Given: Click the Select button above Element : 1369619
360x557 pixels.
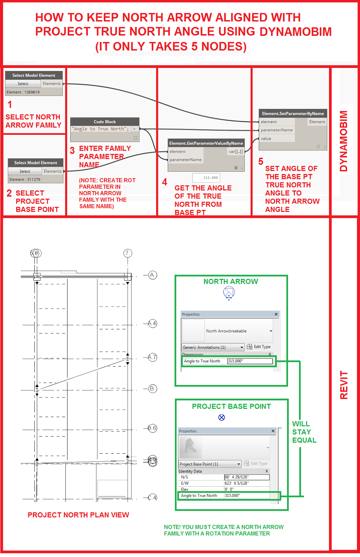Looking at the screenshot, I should [23, 84].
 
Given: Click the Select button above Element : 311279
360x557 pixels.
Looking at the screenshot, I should [25, 171].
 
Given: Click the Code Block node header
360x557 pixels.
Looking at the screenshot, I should [105, 121].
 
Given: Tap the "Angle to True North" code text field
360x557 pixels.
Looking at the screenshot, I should [101, 129].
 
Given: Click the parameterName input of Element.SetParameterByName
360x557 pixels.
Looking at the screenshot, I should [277, 130].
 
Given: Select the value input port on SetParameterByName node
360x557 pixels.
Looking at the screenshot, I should [266, 138].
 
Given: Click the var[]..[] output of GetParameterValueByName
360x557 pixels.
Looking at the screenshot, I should [236, 151].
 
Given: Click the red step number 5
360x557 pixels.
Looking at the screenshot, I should [261, 162].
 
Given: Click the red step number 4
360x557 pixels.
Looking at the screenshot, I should [165, 182].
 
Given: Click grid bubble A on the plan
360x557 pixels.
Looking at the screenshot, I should [152, 275].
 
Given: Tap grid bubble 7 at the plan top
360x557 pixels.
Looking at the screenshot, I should [128, 253].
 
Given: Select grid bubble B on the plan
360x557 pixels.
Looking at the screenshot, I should [152, 389].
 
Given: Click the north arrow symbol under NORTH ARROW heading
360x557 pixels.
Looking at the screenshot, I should [229, 292].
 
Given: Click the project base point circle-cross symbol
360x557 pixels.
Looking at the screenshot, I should [222, 417].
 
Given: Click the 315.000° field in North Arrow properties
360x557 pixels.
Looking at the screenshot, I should [250, 361].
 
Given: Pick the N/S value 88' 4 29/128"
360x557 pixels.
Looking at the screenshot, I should [246, 477].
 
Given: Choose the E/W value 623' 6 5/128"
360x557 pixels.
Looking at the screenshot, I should [246, 483].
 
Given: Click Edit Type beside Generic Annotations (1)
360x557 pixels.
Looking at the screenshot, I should [259, 347].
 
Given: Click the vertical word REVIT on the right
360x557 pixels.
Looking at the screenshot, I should [344, 385].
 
